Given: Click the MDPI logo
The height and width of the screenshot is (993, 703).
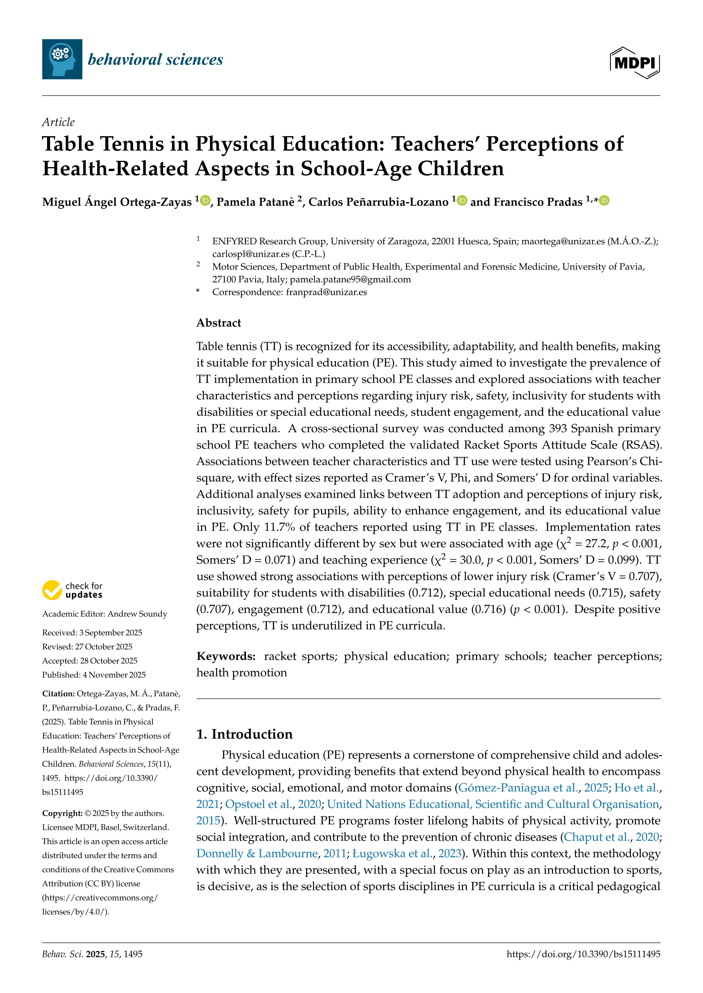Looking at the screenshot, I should (635, 63).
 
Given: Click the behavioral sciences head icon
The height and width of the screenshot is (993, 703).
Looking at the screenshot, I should (62, 59).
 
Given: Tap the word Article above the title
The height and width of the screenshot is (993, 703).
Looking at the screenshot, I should (58, 122).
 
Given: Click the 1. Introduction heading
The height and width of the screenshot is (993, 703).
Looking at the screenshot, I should (245, 734).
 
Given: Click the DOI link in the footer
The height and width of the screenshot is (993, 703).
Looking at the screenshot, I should (584, 954).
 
